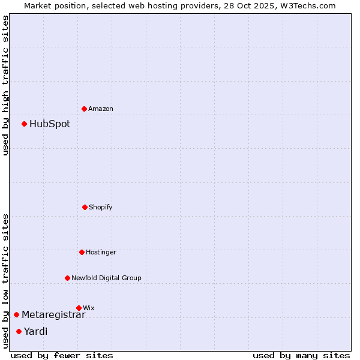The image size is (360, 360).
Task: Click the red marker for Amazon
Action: [85, 109]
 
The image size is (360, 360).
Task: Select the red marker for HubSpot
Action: [25, 124]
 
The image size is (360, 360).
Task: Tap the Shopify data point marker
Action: [85, 207]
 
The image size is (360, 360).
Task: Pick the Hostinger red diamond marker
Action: [82, 252]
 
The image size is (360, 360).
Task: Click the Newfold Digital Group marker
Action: [68, 278]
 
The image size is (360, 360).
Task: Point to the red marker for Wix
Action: [79, 308]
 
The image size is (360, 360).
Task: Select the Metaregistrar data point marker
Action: [17, 315]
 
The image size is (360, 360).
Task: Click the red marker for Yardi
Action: [19, 331]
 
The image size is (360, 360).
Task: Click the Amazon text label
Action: [101, 109]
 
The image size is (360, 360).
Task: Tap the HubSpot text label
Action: [50, 124]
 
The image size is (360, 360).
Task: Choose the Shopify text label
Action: [101, 207]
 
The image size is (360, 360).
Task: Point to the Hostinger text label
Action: [101, 252]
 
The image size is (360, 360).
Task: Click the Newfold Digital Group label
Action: [106, 278]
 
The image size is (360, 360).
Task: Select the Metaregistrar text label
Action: [53, 315]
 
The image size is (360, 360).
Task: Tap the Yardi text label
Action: [35, 331]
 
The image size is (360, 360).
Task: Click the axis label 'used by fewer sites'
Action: [62, 355]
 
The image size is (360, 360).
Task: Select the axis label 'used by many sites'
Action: [301, 355]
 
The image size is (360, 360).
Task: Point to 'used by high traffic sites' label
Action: [5, 85]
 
